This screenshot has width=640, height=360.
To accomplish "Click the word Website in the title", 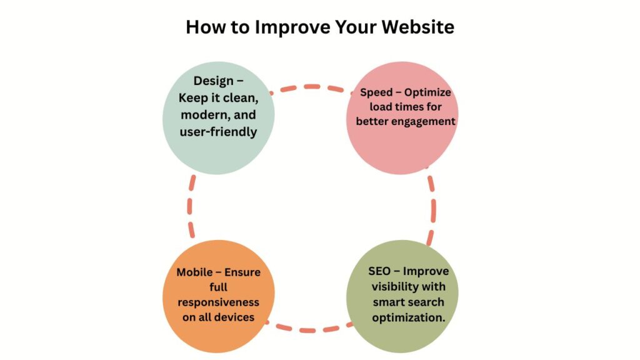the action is [418, 27].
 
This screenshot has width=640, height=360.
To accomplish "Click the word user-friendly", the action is [218, 132].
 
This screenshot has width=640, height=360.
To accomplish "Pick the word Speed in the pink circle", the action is [376, 92].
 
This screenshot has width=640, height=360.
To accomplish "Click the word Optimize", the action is [427, 92].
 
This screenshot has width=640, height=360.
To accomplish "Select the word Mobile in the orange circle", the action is [195, 272].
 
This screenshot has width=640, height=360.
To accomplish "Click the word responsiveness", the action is [218, 303].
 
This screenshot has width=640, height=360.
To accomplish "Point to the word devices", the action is [235, 317].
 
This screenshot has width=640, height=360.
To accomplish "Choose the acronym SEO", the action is [379, 271].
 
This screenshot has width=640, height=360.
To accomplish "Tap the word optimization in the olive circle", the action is [409, 317].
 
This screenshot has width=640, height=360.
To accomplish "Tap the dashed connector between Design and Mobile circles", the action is [190, 206].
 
